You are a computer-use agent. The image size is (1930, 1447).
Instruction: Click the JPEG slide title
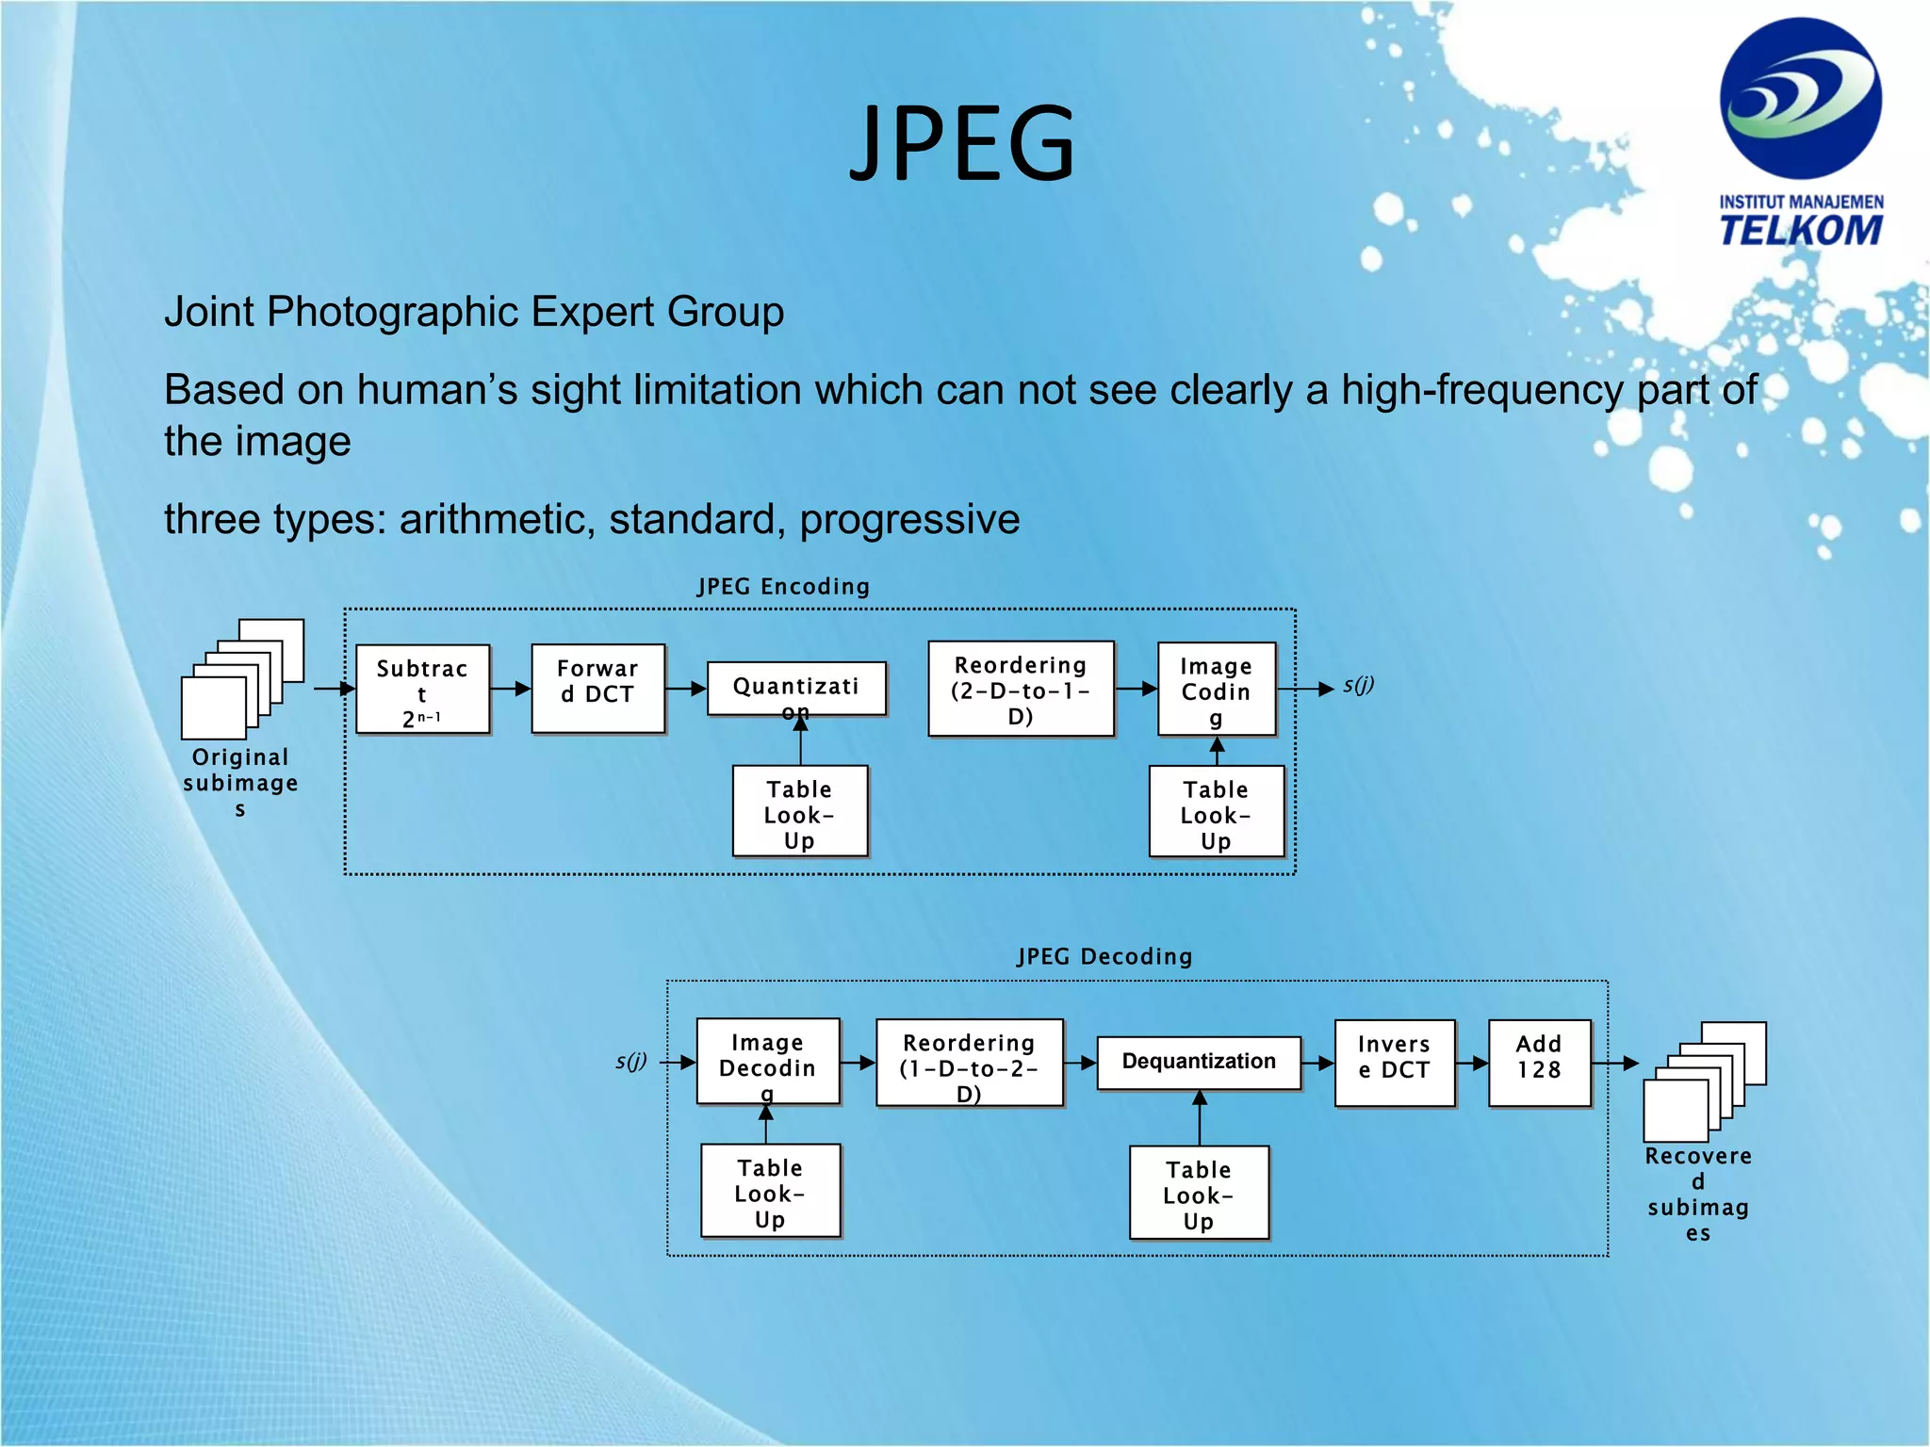click(962, 143)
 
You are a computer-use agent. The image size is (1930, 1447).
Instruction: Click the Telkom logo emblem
click(1800, 99)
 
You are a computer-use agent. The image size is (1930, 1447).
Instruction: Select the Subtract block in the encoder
click(422, 690)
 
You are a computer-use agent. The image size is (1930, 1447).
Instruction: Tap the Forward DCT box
click(597, 688)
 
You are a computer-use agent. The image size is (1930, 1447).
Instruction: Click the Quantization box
click(796, 689)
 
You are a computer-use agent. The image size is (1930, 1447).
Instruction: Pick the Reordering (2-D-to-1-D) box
click(1021, 689)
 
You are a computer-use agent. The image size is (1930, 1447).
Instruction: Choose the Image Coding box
click(1216, 689)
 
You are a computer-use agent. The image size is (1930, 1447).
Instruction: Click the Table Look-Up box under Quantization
click(799, 811)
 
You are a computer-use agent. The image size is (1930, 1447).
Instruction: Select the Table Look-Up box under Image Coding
click(1216, 811)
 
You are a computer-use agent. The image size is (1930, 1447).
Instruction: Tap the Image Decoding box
click(767, 1061)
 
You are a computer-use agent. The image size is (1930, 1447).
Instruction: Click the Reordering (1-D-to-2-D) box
click(969, 1063)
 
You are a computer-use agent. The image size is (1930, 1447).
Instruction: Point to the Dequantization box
click(1199, 1063)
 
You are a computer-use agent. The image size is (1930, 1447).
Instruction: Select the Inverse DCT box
click(1394, 1063)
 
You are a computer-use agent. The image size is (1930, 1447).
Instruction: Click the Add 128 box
click(1539, 1063)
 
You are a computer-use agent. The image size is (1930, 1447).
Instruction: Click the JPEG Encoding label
click(783, 587)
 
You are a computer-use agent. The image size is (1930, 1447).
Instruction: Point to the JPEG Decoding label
click(1104, 957)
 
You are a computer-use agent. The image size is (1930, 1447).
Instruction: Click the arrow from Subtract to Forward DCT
click(511, 689)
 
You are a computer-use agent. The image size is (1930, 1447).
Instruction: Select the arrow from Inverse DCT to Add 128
click(1472, 1063)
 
